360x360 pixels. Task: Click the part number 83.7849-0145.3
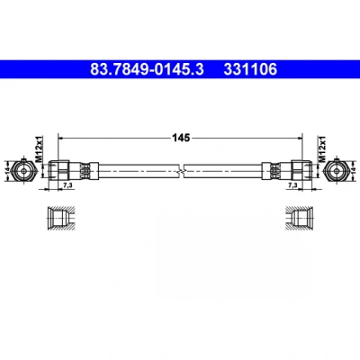[x=147, y=69]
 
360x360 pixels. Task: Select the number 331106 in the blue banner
[x=250, y=69]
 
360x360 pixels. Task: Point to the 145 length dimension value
[x=181, y=138]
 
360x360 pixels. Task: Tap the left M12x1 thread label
[x=40, y=148]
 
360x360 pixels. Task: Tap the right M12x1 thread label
[x=322, y=148]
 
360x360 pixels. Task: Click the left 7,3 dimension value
[x=67, y=185]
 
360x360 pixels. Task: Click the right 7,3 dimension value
[x=292, y=185]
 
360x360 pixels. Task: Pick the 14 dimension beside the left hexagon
[x=7, y=171]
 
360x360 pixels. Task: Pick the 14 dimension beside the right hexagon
[x=353, y=171]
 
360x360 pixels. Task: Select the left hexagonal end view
[x=24, y=171]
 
